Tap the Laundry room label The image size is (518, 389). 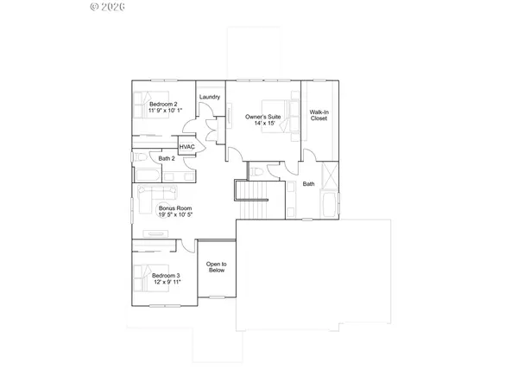pyautogui.click(x=209, y=97)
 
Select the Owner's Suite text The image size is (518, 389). pyautogui.click(x=263, y=116)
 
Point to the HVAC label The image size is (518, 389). pyautogui.click(x=186, y=148)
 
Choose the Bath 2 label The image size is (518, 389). pyautogui.click(x=167, y=158)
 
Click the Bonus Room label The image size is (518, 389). pyautogui.click(x=175, y=208)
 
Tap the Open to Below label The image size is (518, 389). pyautogui.click(x=216, y=267)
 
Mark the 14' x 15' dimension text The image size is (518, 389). pyautogui.click(x=263, y=124)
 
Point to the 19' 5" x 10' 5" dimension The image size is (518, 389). pyautogui.click(x=175, y=216)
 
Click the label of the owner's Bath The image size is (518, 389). pyautogui.click(x=307, y=184)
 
